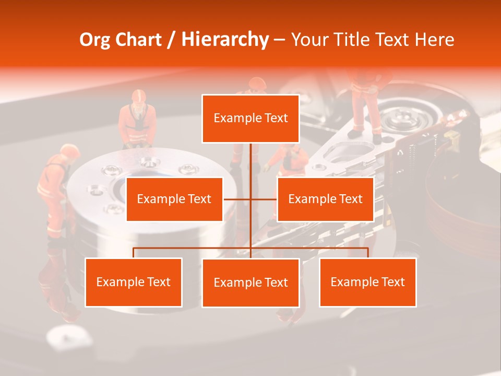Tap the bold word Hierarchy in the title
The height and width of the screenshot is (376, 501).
tap(225, 40)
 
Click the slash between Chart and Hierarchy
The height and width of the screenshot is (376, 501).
tap(171, 40)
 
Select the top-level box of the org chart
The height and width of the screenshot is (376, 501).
tap(250, 119)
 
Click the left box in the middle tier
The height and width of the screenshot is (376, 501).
tap(174, 199)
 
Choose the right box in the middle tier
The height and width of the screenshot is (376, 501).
tap(325, 199)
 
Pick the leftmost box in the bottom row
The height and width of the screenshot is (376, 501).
tap(134, 282)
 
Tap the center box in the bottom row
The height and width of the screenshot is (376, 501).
tap(250, 283)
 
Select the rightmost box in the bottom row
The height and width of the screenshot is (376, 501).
tap(368, 282)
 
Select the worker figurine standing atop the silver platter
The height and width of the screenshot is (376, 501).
tap(137, 120)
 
